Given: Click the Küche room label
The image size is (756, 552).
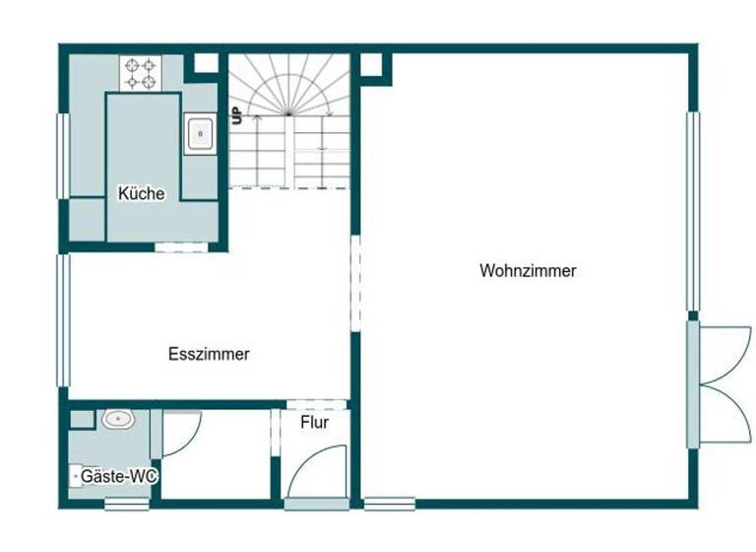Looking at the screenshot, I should coord(141,194).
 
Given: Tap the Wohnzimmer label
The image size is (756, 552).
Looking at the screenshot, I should coord(528,271).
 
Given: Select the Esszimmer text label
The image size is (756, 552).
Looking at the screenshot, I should coord(209,355).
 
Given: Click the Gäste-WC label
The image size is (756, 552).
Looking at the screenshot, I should coord(119,476).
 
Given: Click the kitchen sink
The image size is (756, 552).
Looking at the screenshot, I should coord(200,132).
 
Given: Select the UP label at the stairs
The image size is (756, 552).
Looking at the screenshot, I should coord(237,114).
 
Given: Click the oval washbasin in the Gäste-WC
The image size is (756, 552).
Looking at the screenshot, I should coord(117,419).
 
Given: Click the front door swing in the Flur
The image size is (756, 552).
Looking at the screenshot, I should coord(321,471).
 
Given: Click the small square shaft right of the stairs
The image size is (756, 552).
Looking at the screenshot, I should coord(372,65).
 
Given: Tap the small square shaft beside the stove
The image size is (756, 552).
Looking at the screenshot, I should coord(205,63).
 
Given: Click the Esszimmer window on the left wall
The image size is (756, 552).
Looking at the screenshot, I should coord(64,320).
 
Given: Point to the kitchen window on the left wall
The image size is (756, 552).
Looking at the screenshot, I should coord(64,155).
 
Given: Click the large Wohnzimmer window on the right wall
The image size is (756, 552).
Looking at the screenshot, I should coord(693,211).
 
